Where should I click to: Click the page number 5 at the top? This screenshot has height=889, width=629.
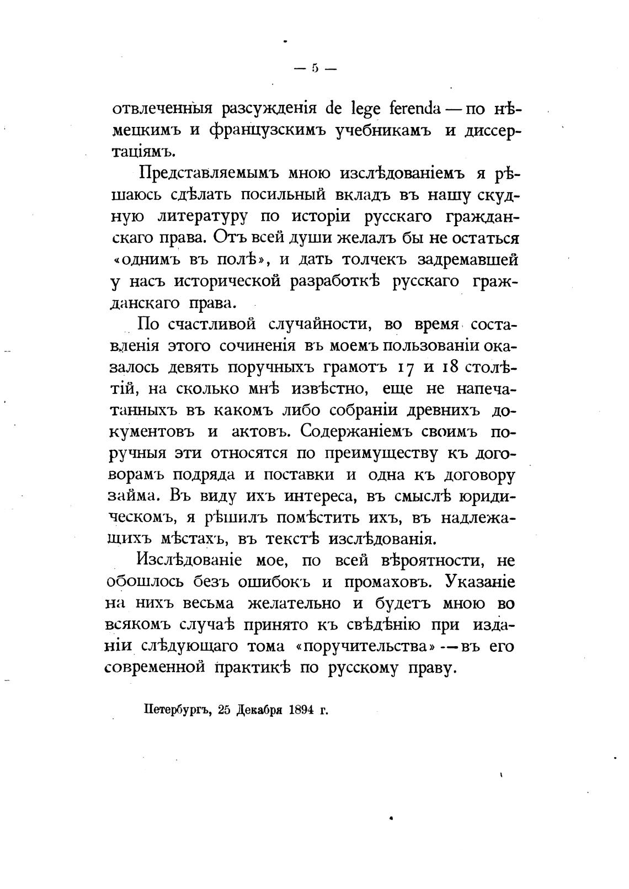coord(315,69)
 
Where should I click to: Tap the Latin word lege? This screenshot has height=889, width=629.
coord(364,109)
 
